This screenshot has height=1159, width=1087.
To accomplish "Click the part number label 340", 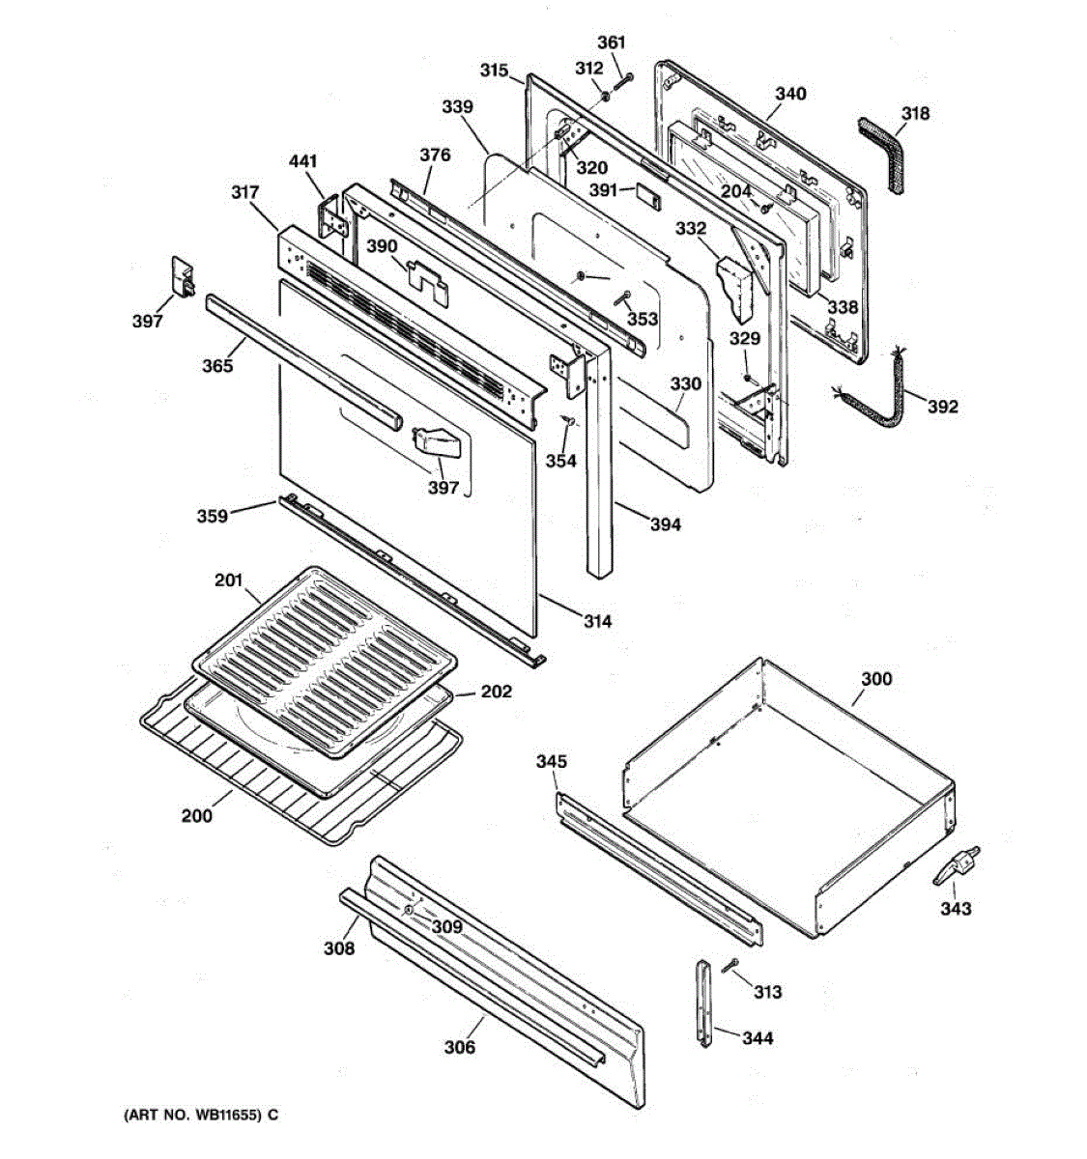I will (790, 94).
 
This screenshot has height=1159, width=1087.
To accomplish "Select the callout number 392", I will (942, 407).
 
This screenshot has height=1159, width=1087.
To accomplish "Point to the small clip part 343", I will (957, 864).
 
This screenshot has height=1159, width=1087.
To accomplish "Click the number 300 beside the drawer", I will (876, 679).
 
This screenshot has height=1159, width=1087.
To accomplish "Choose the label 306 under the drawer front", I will (460, 1047).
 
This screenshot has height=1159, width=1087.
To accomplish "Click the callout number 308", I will (339, 948).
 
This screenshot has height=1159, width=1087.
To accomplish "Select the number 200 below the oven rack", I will (197, 815).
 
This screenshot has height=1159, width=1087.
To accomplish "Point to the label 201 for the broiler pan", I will (228, 580).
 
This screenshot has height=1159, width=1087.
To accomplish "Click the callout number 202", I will (497, 692).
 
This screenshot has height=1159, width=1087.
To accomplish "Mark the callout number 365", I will (217, 365).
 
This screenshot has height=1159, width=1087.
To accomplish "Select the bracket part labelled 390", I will (425, 273).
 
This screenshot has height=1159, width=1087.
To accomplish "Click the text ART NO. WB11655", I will (193, 1116).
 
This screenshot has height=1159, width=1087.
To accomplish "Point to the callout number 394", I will (665, 524).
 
